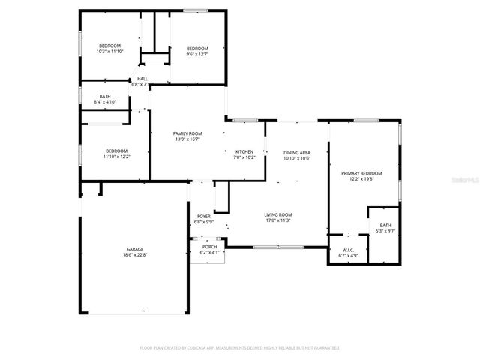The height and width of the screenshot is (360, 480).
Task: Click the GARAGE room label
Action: pos(135,249)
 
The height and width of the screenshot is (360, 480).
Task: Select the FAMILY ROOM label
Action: pos(188,133)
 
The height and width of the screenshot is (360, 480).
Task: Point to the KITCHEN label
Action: pos(244,151)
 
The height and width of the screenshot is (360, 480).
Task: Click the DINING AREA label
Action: pos(297,153)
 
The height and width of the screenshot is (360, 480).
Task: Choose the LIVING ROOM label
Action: pos(277,215)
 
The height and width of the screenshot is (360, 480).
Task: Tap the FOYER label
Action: pos(204,217)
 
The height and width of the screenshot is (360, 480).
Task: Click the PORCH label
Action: pos(209,246)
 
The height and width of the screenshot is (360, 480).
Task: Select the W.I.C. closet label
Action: pos(348,250)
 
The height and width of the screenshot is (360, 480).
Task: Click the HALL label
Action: pos(142,78)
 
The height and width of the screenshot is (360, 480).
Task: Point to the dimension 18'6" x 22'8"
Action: pos(135,255)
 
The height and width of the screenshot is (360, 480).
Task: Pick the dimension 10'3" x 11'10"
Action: pos(109,52)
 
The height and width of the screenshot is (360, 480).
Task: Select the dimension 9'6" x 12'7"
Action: pos(198,54)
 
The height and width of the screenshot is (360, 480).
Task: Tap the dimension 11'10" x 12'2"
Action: pos(116,157)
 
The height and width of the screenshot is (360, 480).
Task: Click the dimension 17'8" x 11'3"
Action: pos(277,221)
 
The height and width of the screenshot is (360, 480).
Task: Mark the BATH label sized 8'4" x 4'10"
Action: pos(106,96)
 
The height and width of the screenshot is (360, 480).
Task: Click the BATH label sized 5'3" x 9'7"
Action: pos(385,225)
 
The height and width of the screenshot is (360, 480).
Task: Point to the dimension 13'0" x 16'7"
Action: pos(188,139)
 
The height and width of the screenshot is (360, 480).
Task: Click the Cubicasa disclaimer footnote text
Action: pos(240,347)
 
